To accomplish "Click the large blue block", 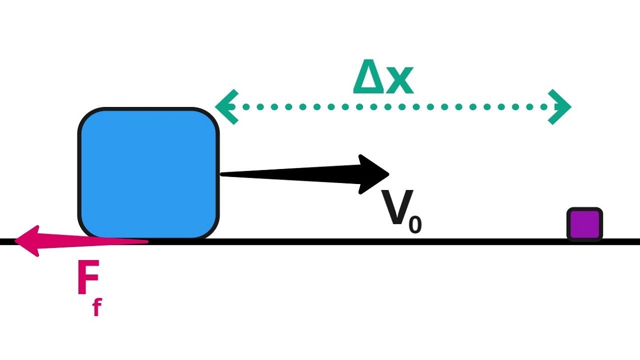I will [148, 173].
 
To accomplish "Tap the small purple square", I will [584, 224].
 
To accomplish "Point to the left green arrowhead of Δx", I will [225, 106].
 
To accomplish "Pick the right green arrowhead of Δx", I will [560, 106].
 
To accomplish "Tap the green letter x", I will [399, 81].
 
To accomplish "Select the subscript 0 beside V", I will [415, 225].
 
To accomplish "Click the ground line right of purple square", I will [622, 241].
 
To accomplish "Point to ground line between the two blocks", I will [390, 241].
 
